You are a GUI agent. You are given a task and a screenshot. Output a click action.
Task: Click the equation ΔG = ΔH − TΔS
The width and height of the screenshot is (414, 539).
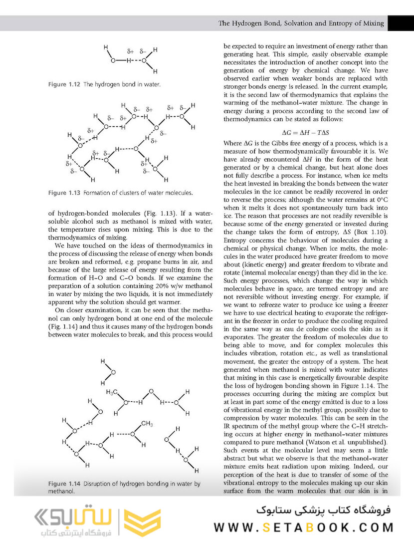click(305, 133)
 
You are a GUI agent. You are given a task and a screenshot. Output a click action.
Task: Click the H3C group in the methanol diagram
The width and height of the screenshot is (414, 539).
click(112, 393)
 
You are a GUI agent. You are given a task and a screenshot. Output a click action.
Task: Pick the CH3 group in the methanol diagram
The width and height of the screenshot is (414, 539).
click(147, 424)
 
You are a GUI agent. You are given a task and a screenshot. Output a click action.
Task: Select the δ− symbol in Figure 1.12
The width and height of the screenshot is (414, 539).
click(143, 51)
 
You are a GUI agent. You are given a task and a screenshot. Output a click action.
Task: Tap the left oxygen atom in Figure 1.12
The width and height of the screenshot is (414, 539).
click(113, 60)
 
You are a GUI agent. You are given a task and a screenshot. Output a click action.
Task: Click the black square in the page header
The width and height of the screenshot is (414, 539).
click(400, 23)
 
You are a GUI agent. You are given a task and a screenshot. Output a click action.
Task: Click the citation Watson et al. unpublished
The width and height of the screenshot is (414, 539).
click(354, 442)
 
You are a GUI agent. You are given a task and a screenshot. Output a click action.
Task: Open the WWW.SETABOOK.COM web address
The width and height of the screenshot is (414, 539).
click(304, 528)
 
